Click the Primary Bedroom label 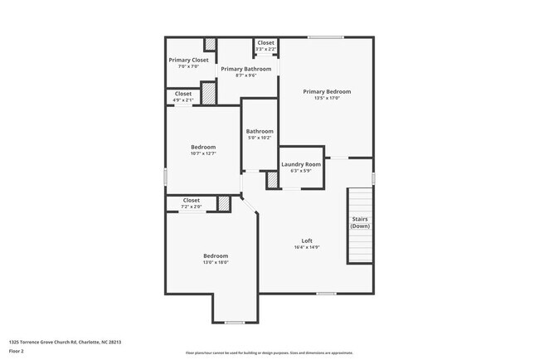326,91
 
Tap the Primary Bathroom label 245,69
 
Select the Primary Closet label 188,60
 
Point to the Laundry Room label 301,164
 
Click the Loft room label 307,241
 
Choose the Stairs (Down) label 360,222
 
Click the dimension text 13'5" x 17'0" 326,99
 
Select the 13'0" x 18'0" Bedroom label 216,255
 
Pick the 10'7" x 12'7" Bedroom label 202,147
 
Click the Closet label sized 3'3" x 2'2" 265,42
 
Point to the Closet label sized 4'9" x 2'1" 183,94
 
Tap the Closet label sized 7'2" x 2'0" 191,200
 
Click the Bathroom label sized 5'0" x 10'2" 260,131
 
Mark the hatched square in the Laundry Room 271,180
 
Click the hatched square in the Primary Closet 211,45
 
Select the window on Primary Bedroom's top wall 326,36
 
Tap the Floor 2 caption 17,352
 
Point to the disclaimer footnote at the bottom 269,353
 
